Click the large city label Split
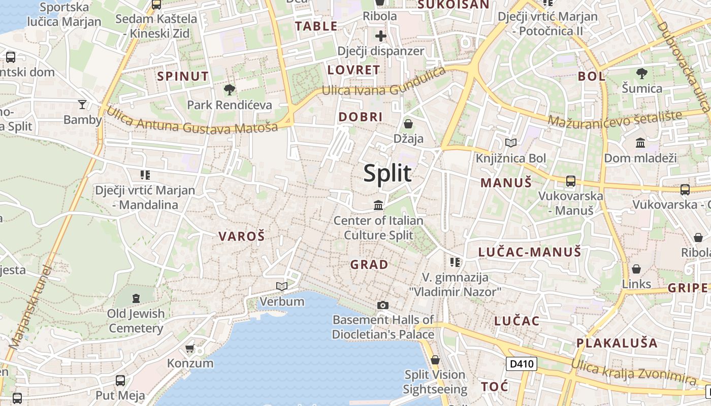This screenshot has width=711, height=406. (x=387, y=174)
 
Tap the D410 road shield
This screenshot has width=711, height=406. (x=522, y=363)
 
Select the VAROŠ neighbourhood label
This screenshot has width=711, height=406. (x=242, y=236)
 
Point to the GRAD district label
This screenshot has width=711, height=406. (x=369, y=264)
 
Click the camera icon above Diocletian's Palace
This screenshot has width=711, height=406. (x=383, y=305)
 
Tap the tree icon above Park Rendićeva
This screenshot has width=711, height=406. (x=230, y=90)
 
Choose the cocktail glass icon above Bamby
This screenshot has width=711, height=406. (x=82, y=105)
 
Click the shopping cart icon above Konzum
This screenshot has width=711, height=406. (x=190, y=348)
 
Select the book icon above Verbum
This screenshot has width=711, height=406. (x=282, y=287)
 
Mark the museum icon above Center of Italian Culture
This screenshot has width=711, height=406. (x=378, y=206)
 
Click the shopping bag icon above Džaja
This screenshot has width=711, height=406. (x=408, y=123)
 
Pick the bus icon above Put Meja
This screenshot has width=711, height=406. (x=120, y=380)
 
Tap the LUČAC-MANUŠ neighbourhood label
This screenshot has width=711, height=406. (x=530, y=252)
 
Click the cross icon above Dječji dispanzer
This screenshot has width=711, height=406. (x=380, y=36)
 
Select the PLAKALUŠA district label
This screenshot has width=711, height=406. (x=617, y=343)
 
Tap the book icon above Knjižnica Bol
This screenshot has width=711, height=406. (x=510, y=143)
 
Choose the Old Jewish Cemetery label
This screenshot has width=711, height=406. (x=136, y=321)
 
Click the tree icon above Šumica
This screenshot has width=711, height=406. (x=642, y=74)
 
